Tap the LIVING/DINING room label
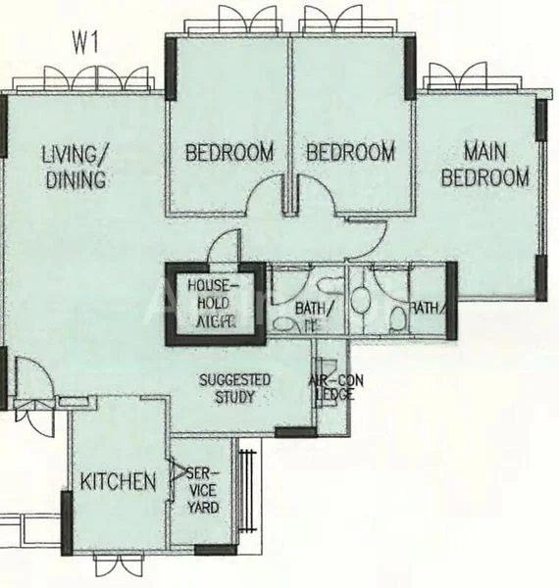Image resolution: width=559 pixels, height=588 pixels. (x=74, y=167)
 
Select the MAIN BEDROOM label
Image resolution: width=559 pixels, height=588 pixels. (x=485, y=165)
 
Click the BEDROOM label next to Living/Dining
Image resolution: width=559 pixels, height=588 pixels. (x=229, y=153)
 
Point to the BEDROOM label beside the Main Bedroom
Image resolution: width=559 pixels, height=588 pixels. (x=350, y=153)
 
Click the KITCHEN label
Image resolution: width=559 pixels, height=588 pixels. (x=118, y=481)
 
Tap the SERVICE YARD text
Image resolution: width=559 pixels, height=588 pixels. (x=203, y=488)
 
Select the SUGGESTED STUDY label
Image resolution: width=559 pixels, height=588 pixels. (x=234, y=388)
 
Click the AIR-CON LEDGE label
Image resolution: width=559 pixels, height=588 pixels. (x=330, y=388)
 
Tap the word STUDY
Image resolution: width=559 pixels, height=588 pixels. (x=234, y=397)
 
